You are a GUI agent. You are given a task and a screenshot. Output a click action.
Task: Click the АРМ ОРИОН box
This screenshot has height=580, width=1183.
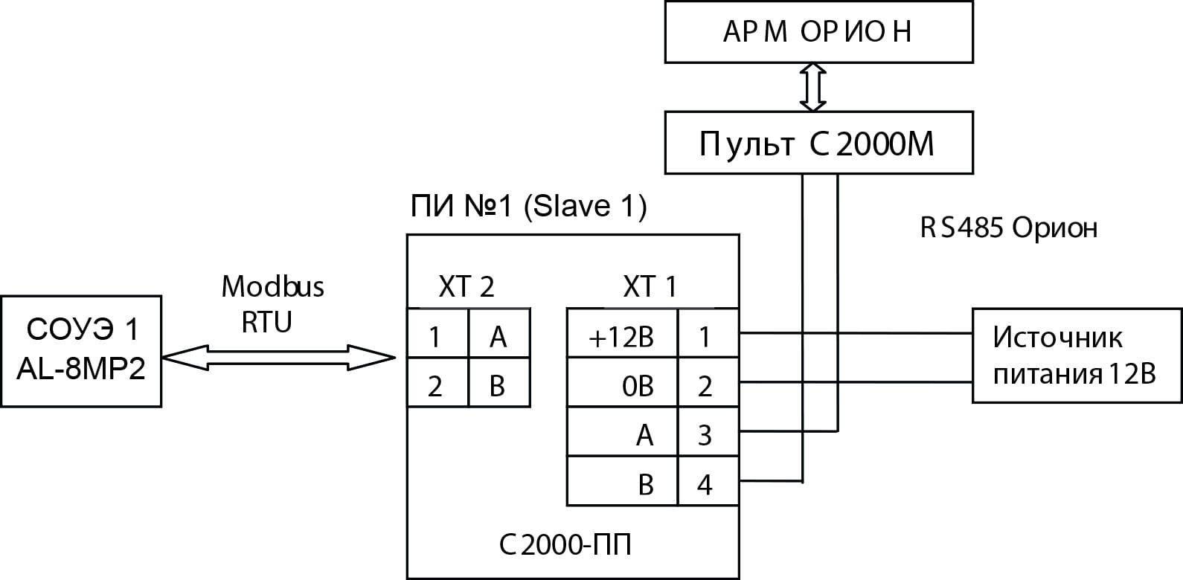pos(818,32)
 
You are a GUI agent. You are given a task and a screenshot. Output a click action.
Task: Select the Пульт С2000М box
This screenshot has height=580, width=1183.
pos(818,143)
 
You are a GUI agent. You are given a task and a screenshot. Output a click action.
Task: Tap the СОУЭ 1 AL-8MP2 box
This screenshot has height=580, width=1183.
pos(81,352)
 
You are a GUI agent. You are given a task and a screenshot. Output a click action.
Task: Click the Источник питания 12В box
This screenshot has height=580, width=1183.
pos(1077,355)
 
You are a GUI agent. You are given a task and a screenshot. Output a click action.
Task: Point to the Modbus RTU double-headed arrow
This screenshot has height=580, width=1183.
pos(278,358)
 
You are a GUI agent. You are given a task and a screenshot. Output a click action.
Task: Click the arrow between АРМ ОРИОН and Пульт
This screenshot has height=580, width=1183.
pos(812,88)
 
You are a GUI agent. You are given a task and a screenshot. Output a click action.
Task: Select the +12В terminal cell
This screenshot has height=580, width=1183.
pos(622,333)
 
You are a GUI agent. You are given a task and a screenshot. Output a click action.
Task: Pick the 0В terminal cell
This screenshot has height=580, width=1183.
pos(622,382)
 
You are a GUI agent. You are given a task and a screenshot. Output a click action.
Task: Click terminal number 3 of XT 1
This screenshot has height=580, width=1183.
pos(708,432)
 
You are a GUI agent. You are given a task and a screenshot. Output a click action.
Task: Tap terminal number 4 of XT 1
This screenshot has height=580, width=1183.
pos(708,481)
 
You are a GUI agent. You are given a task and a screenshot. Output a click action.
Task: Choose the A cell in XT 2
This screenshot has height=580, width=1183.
pos(499,333)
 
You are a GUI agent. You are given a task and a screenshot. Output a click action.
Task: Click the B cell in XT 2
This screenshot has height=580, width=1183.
pos(499,382)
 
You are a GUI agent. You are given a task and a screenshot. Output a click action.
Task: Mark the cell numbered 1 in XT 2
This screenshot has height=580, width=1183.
pos(437,333)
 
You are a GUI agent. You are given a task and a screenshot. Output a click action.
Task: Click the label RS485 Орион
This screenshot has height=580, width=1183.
pos(1009,228)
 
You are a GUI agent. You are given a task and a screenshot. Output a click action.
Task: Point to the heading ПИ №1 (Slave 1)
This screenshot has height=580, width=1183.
pos(529,206)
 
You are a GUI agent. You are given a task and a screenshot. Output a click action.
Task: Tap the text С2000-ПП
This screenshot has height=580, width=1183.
pos(565,544)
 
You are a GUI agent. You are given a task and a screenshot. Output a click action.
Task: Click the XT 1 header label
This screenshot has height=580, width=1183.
pos(650,287)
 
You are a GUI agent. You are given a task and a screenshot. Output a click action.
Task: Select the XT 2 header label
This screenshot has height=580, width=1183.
pos(467,287)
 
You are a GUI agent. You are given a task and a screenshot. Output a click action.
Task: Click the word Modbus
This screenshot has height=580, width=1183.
pos(272,286)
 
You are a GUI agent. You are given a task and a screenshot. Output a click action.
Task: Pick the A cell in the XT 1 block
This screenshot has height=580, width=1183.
pos(622,432)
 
